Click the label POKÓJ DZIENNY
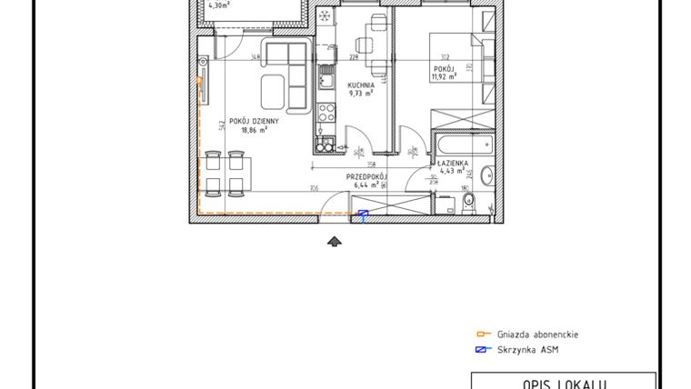click(254, 120)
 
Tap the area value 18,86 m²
click(254, 129)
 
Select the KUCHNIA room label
click(362, 84)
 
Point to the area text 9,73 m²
click(361, 93)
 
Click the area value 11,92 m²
click(442, 76)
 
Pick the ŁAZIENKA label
click(452, 162)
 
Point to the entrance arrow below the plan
click(335, 240)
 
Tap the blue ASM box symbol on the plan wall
click(364, 214)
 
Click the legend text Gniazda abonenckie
click(537, 334)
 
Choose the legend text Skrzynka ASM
click(527, 350)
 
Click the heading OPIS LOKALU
click(563, 383)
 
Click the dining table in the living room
click(224, 173)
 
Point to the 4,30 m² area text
click(218, 5)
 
